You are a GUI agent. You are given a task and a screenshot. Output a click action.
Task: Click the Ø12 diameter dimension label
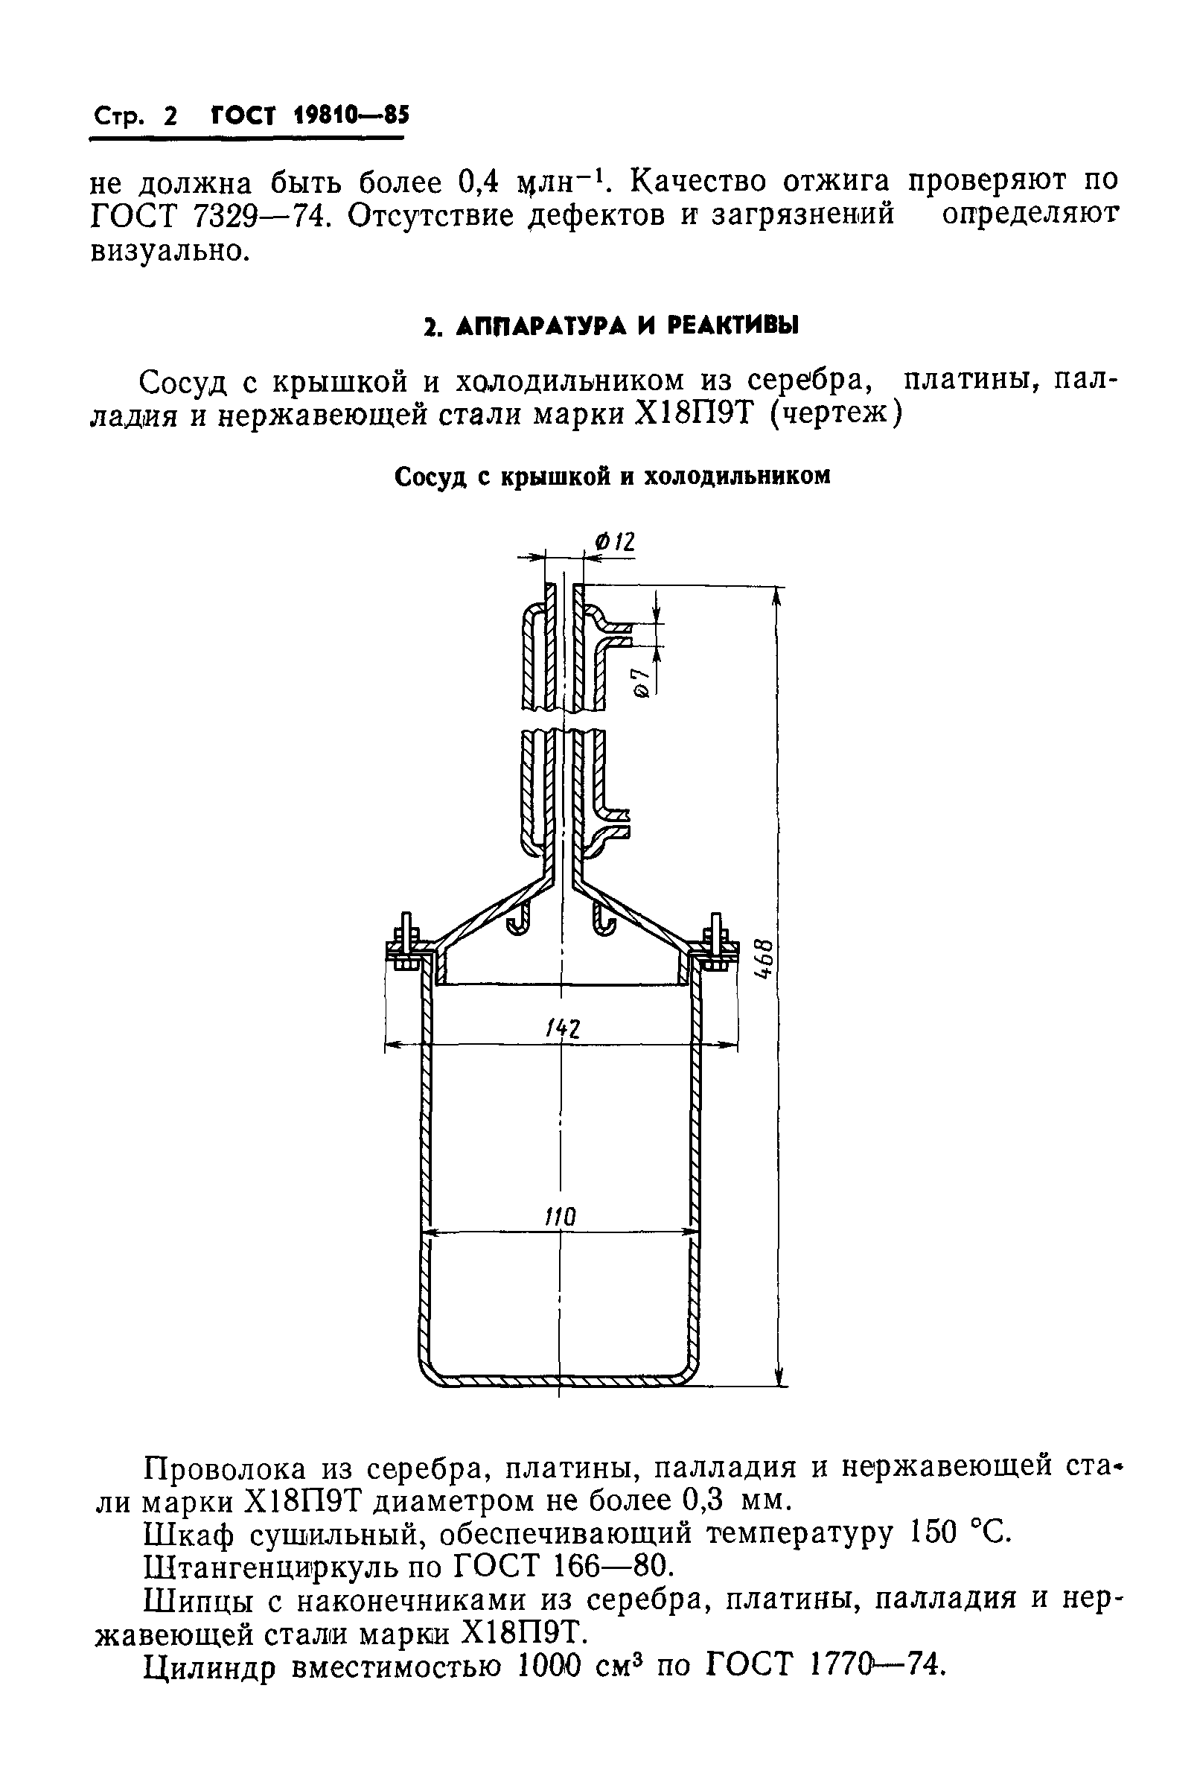(x=616, y=542)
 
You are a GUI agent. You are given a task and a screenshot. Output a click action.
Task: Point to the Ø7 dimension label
(x=641, y=681)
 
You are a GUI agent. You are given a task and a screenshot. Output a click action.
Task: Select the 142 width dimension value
(x=563, y=1030)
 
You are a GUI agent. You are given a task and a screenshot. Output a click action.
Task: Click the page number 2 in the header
(x=169, y=116)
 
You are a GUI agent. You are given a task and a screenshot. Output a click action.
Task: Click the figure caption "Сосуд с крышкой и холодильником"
(x=612, y=476)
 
